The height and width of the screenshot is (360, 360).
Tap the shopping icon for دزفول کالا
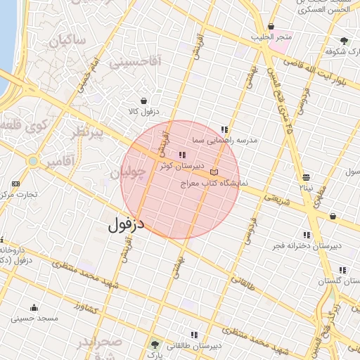(x=144, y=101)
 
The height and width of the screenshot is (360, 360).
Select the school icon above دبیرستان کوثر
(x=182, y=155)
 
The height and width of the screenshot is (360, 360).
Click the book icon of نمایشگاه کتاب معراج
(x=214, y=172)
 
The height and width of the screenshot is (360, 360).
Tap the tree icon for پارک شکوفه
(x=344, y=41)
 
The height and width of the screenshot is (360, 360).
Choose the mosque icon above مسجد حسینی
(x=34, y=307)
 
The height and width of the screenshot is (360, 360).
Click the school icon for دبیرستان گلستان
(x=342, y=270)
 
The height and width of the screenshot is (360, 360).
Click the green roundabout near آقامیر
(x=32, y=162)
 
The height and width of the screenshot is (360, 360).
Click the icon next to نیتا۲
(x=306, y=178)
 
